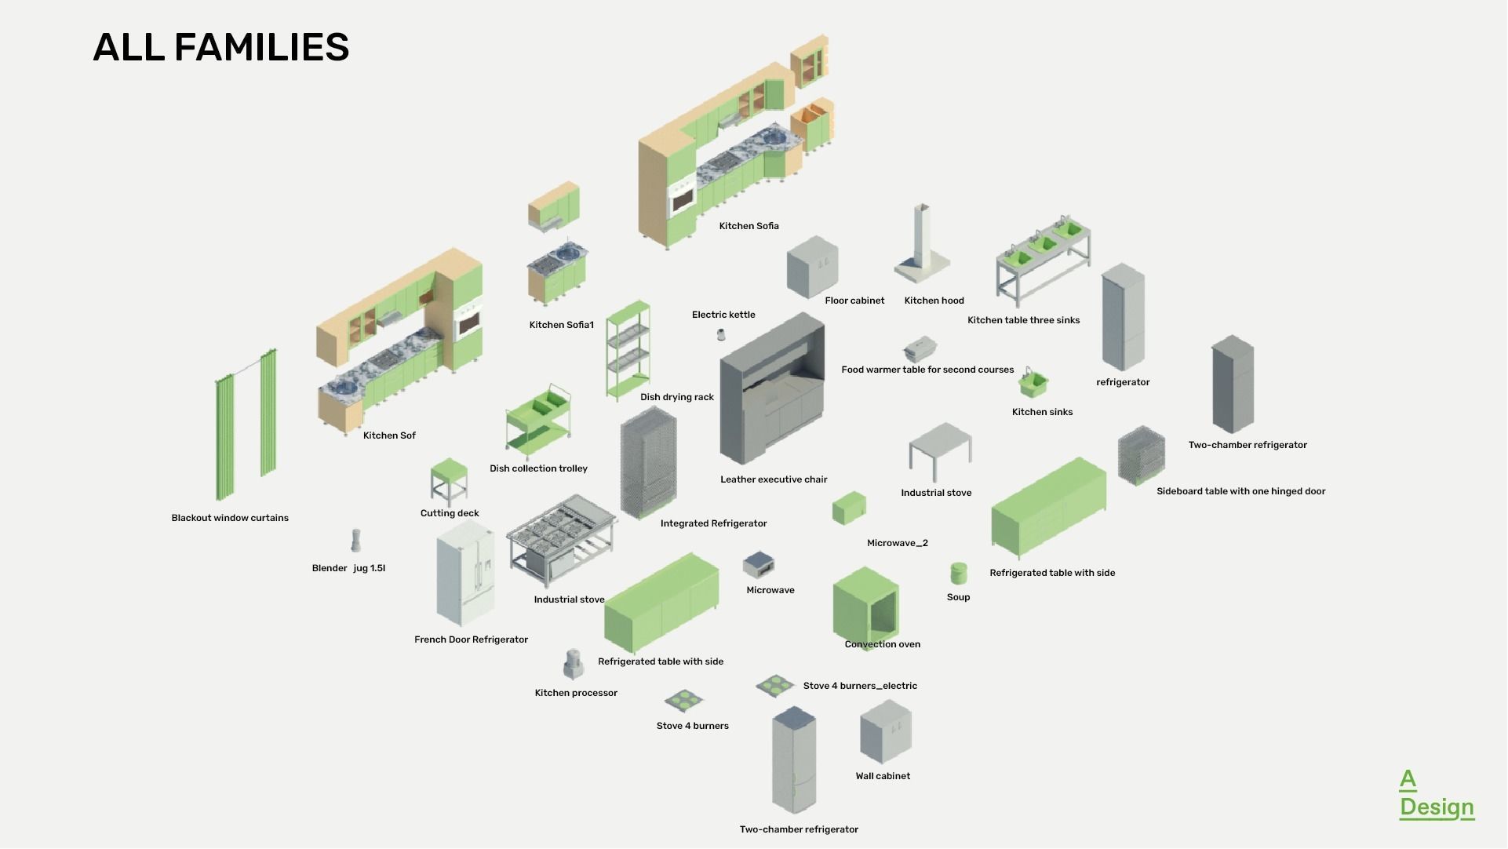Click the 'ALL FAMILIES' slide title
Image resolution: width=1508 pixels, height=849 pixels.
click(220, 47)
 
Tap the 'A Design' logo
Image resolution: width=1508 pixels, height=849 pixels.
click(1436, 794)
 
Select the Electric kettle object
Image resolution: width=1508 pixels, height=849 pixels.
click(721, 335)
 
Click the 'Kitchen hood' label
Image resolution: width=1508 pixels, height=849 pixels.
click(934, 301)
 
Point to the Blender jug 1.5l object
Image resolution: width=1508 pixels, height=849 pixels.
click(355, 541)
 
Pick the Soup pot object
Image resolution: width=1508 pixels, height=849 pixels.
click(958, 574)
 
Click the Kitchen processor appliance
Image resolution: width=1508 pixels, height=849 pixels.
click(574, 665)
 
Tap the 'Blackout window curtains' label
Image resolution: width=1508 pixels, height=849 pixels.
click(230, 518)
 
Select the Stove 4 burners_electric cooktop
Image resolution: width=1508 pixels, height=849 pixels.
click(775, 685)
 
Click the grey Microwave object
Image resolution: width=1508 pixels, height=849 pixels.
click(759, 564)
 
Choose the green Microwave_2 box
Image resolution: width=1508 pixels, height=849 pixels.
click(849, 508)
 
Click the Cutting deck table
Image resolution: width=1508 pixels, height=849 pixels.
click(449, 481)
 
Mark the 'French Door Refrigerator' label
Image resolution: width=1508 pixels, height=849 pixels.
click(471, 639)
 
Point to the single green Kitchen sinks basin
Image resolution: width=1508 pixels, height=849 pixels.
click(1033, 384)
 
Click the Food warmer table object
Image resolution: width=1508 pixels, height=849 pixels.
click(920, 348)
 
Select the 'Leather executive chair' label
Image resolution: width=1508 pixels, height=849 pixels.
click(774, 479)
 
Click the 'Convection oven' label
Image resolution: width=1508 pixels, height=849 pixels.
click(882, 644)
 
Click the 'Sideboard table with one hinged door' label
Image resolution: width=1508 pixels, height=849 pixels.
click(1240, 491)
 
